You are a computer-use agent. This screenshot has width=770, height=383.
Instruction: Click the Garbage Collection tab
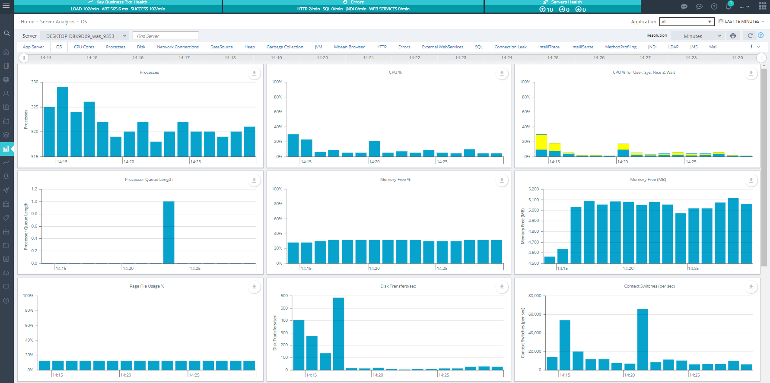pos(284,47)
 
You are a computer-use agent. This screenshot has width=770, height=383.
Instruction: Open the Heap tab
pos(249,47)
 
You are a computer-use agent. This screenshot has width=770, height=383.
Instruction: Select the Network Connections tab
pos(178,47)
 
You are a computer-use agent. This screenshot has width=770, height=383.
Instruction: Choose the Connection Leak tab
pos(510,47)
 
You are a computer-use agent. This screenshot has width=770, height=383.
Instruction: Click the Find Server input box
pos(165,36)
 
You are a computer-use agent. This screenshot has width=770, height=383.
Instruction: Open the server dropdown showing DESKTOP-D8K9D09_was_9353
pos(85,36)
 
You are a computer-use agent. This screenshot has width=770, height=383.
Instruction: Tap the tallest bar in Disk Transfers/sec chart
pos(338,333)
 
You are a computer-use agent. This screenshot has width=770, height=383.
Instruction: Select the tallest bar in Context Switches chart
pos(643,339)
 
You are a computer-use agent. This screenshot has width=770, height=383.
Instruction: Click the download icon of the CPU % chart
pos(502,73)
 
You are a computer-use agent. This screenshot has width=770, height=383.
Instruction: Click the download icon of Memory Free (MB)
pos(751,180)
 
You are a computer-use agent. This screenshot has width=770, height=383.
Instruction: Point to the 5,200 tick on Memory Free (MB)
pos(534,189)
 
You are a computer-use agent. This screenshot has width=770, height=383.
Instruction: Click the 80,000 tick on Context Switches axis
pos(535,296)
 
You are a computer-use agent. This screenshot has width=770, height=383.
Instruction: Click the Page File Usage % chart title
pos(147,286)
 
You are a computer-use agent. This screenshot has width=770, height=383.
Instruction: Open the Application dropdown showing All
pos(686,22)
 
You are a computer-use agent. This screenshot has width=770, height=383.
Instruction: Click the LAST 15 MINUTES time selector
pos(741,22)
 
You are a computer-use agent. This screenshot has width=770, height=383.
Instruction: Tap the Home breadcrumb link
pos(27,22)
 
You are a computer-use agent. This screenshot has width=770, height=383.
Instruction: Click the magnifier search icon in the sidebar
pos(6,33)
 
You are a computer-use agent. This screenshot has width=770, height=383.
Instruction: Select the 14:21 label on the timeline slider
pos(368,58)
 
